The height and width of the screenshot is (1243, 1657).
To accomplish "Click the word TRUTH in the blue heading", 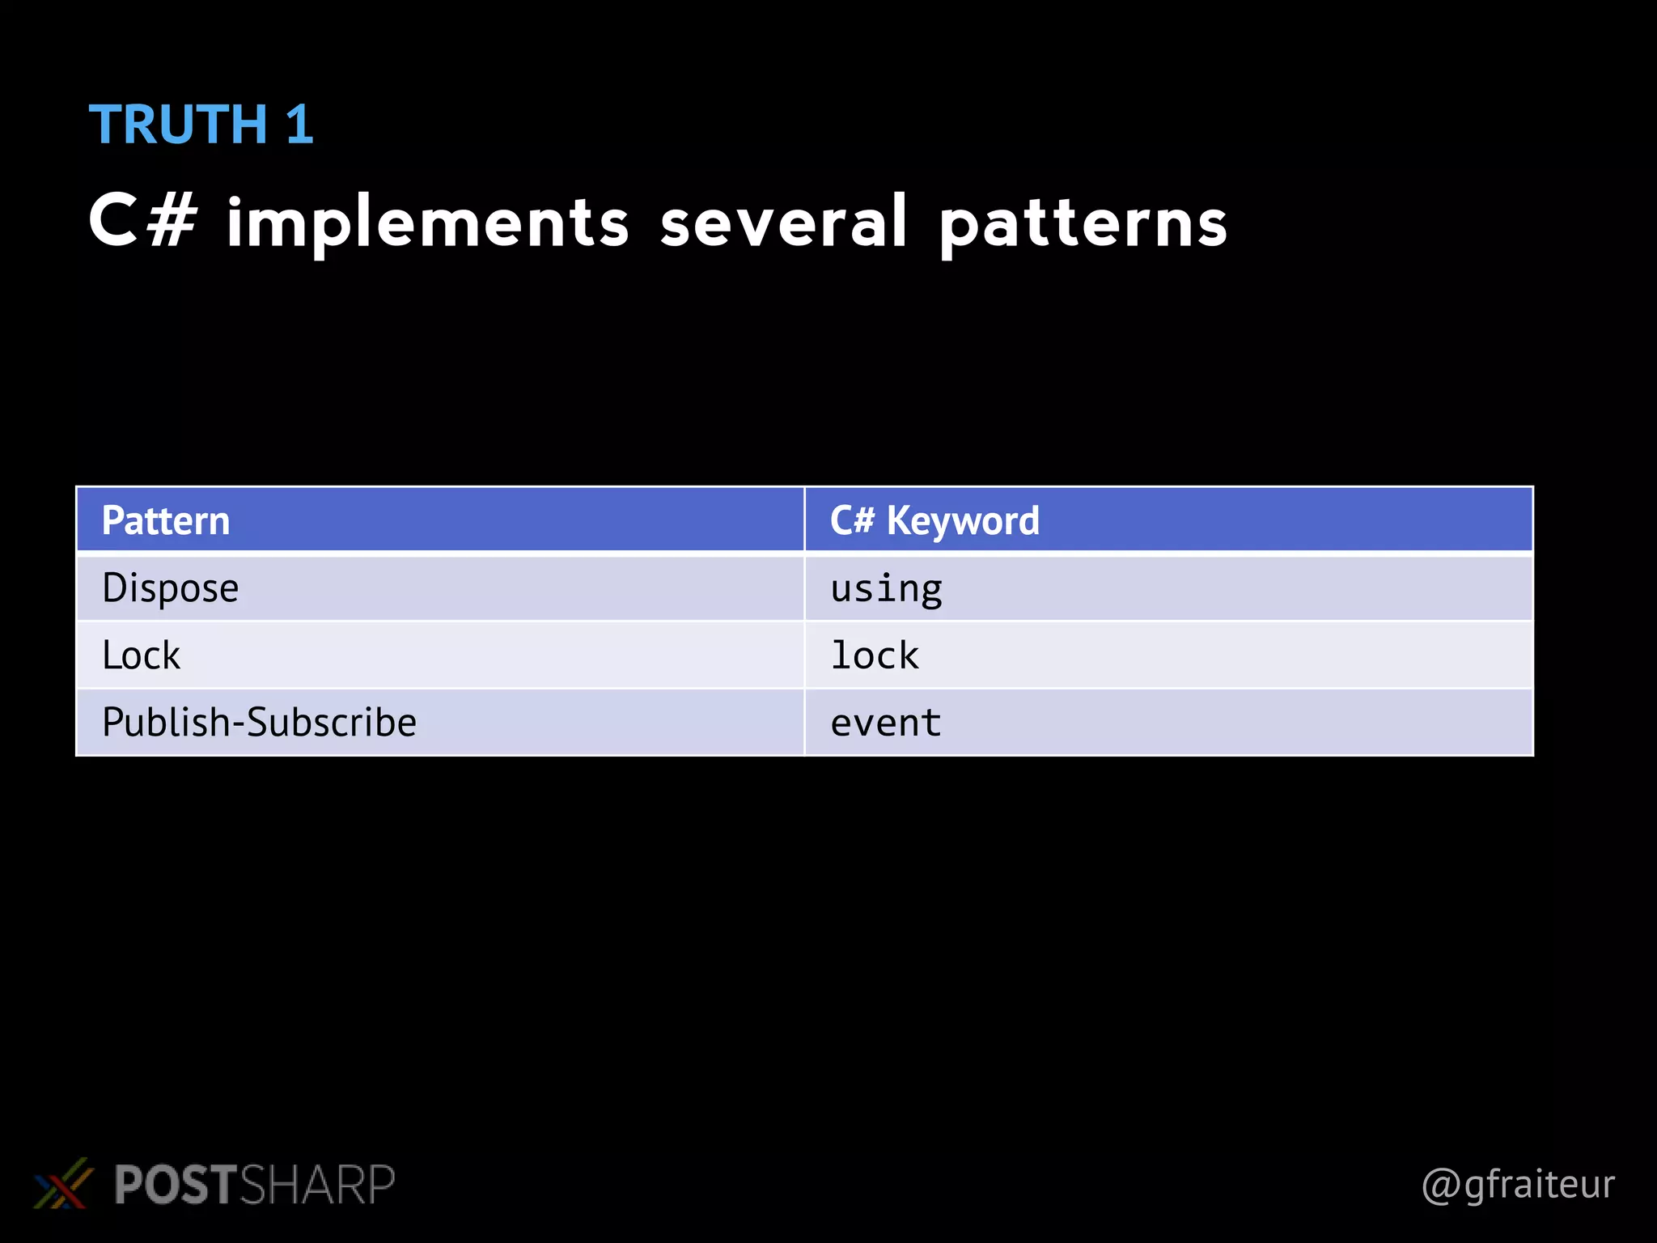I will pos(178,125).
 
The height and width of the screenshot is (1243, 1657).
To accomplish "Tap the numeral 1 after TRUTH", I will pos(299,125).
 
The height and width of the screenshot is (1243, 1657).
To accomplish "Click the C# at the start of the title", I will pos(142,222).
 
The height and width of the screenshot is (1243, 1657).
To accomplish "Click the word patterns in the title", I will pos(1083,225).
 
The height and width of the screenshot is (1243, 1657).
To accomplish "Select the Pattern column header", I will pos(166,520).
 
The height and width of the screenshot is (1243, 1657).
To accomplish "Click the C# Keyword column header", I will pos(934,520).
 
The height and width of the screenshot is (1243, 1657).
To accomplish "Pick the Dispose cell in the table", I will pos(171,588).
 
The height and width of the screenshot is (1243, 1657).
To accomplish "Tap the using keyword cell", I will pos(886,588).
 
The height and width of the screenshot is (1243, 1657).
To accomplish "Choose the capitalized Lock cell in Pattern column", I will pos(142,655).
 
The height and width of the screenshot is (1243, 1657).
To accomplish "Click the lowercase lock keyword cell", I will pos(875,655).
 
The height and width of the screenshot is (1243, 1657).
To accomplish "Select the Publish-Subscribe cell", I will pos(259,723).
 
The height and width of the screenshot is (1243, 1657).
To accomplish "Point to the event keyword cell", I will pos(885,723).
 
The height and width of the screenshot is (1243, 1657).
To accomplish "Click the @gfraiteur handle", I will pos(1518,1185).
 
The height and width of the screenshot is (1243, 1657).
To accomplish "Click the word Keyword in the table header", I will pos(963,520).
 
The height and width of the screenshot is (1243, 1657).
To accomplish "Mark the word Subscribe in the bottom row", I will pos(332,723).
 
